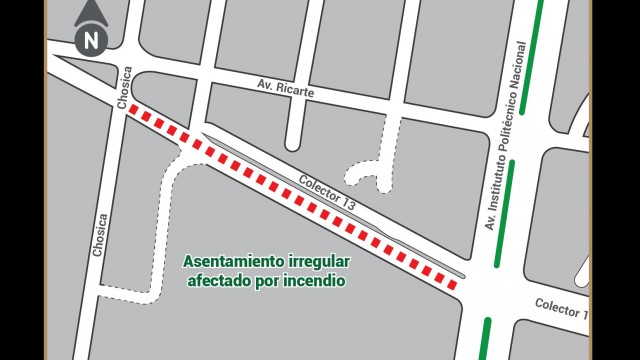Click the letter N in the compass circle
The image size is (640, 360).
(x=91, y=42)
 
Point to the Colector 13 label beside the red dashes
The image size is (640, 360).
(x=327, y=193)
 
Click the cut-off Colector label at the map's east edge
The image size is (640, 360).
(x=559, y=307)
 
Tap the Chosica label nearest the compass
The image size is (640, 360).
(x=125, y=89)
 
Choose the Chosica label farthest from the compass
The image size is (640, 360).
(x=99, y=235)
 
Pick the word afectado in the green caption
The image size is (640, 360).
(x=218, y=281)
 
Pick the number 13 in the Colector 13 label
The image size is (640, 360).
(x=348, y=203)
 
